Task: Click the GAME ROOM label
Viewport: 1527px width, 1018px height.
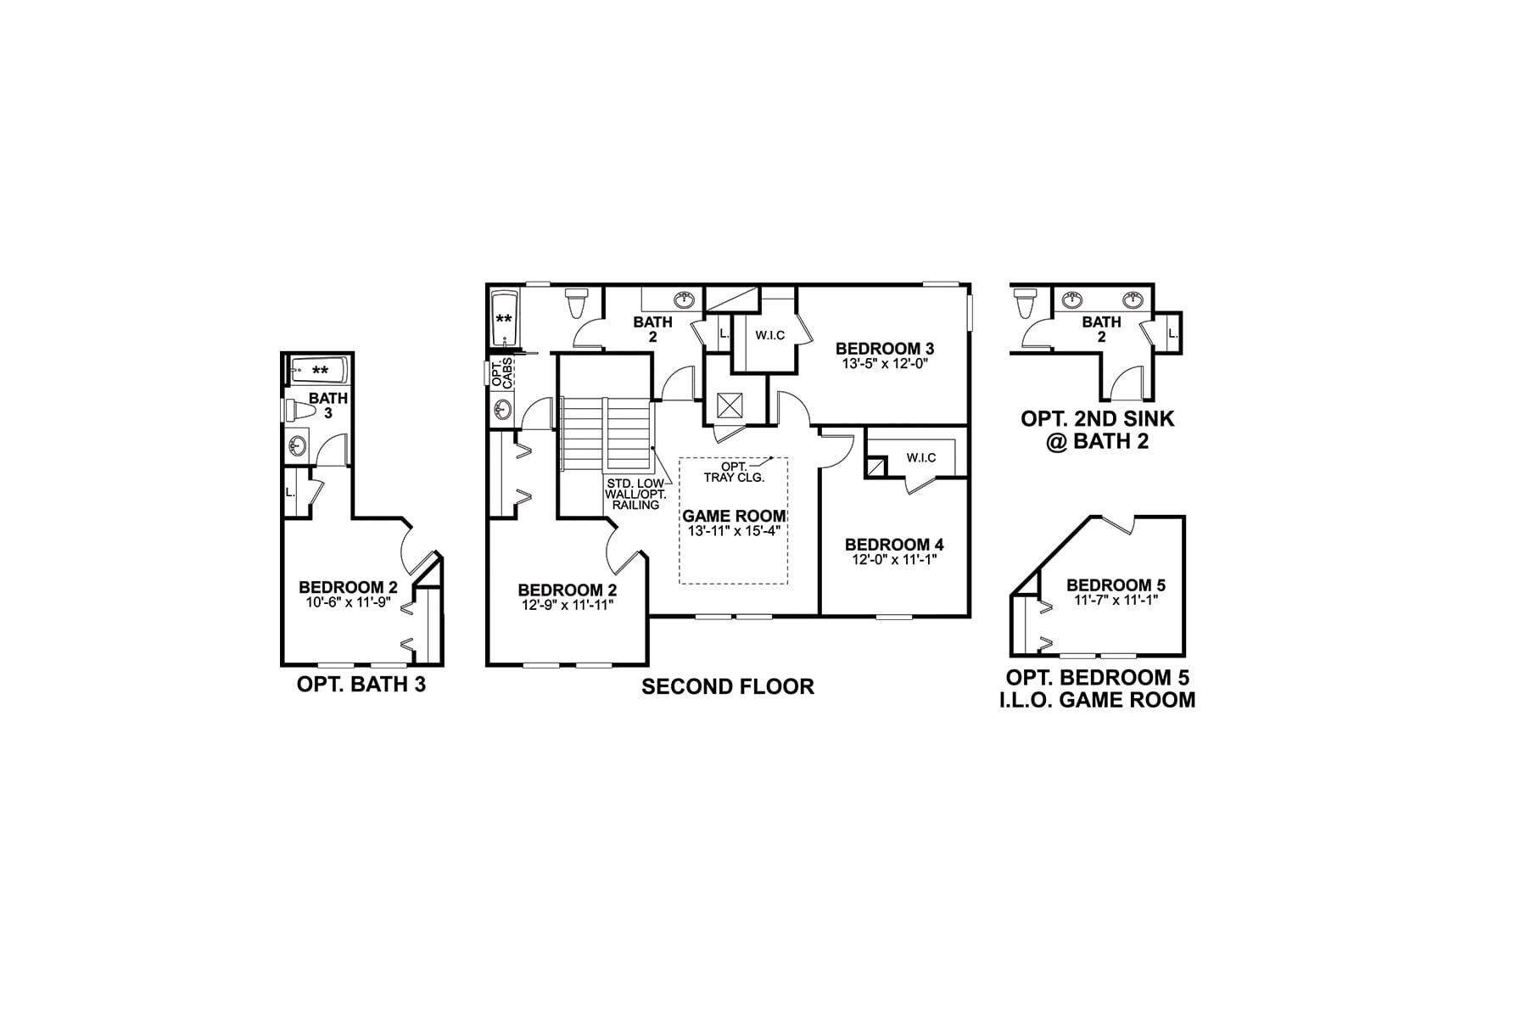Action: click(x=734, y=516)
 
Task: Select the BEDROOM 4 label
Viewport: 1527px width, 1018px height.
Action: click(x=894, y=545)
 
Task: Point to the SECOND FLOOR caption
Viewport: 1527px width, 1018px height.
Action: click(x=728, y=686)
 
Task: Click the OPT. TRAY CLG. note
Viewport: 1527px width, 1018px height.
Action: click(x=735, y=473)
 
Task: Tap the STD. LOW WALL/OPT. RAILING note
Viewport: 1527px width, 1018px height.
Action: click(x=633, y=494)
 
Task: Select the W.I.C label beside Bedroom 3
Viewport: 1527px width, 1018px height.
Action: click(x=769, y=335)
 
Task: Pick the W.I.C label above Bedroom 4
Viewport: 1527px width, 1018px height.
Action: click(x=920, y=458)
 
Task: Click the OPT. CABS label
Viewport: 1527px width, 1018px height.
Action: click(x=501, y=372)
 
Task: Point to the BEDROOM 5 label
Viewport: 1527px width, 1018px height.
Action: click(x=1116, y=585)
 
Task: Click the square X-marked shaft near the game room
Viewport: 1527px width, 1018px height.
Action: click(x=729, y=405)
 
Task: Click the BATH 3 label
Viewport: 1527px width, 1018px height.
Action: click(x=327, y=406)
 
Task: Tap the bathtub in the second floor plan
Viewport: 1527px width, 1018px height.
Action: click(x=505, y=318)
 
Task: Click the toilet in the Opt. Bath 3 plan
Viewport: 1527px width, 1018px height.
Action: click(x=298, y=410)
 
